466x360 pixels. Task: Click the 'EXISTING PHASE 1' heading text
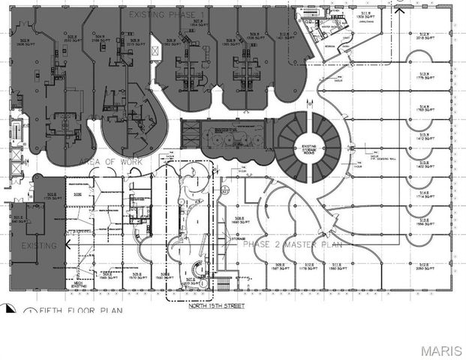[x=167, y=15]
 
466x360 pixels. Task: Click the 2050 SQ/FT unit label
[x=424, y=267]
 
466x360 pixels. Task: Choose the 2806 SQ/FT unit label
[x=25, y=43]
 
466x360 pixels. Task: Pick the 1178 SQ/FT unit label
[x=308, y=267]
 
